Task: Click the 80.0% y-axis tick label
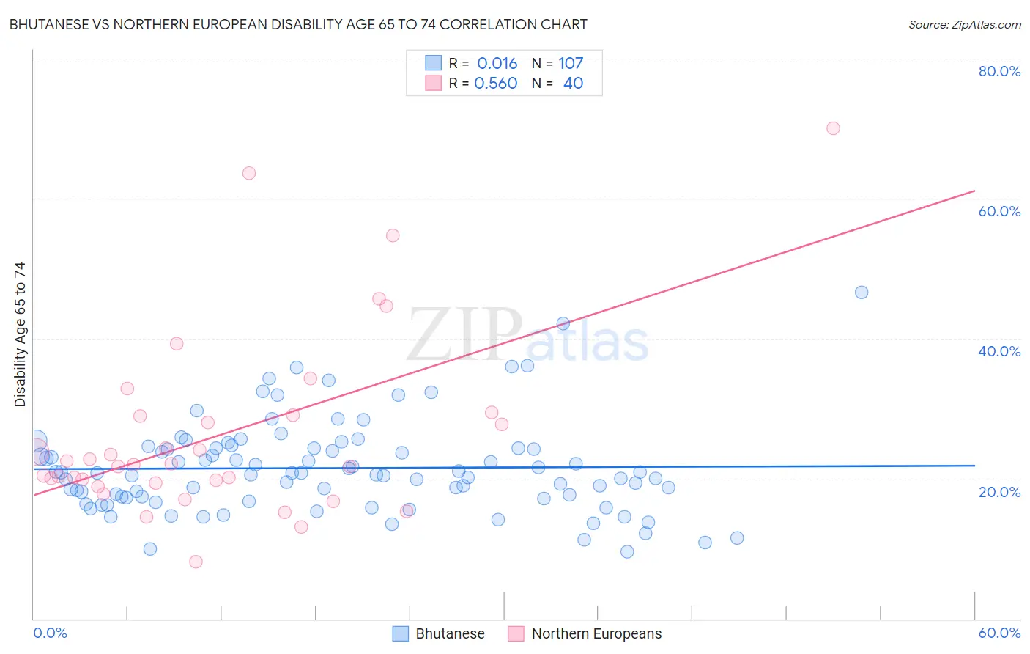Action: click(999, 71)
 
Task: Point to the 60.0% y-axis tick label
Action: click(999, 211)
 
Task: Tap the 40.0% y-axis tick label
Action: click(999, 351)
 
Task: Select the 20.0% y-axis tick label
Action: click(999, 492)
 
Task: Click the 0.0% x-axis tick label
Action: click(50, 633)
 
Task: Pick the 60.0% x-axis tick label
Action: click(999, 633)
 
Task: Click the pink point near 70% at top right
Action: click(833, 128)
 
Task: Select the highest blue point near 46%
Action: click(862, 293)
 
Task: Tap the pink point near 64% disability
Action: click(249, 174)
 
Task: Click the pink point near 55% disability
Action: click(393, 235)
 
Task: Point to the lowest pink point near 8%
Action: click(196, 562)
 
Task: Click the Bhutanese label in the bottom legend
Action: click(450, 633)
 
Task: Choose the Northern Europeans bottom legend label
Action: click(596, 633)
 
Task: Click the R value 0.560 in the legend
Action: click(496, 84)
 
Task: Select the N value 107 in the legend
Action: click(571, 64)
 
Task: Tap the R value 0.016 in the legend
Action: click(497, 64)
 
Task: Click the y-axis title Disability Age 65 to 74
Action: click(20, 334)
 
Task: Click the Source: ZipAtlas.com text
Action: click(964, 25)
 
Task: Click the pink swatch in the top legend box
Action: click(433, 84)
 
